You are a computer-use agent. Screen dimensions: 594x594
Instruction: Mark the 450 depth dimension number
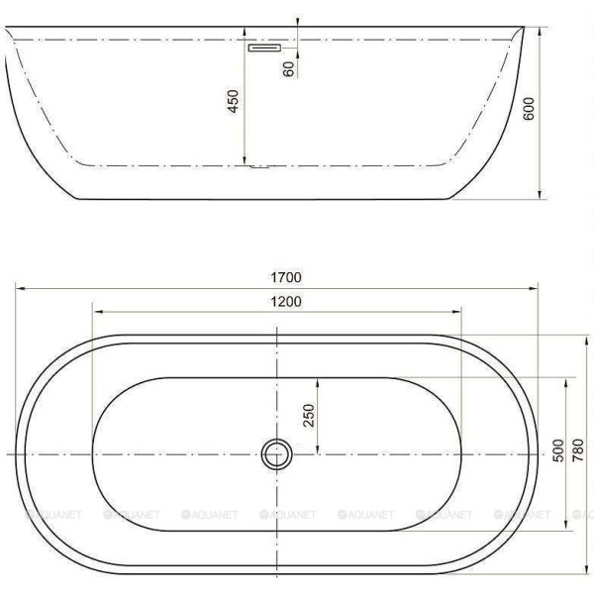(x=234, y=102)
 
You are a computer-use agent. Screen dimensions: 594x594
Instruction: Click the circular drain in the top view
(x=276, y=454)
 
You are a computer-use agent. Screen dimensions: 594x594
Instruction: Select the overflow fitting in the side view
(x=264, y=47)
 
